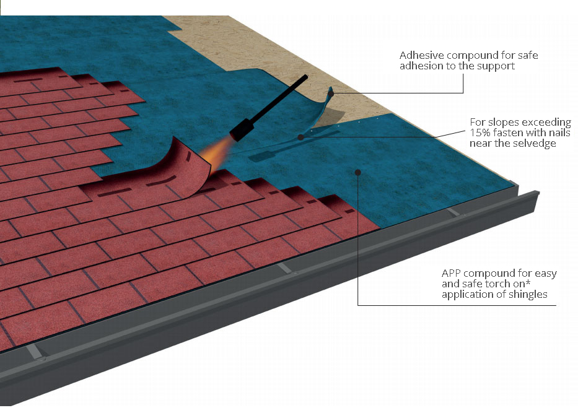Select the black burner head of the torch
coord(242,131)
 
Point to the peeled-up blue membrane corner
coord(325,107)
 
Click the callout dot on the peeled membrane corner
coord(331,94)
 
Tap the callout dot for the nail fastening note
coord(301,137)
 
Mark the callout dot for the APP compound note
coord(357,172)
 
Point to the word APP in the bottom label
coord(451,273)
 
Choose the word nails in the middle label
coord(559,133)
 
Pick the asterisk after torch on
coord(528,282)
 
